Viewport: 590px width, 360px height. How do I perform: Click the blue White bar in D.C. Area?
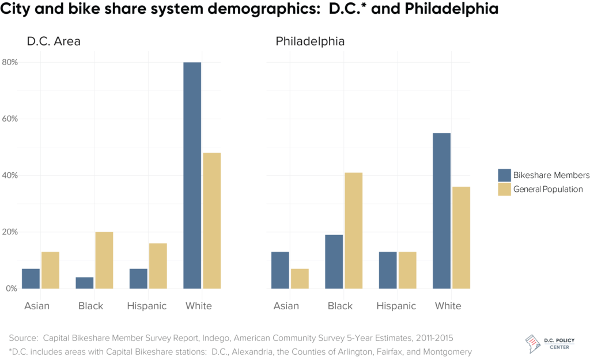(192, 175)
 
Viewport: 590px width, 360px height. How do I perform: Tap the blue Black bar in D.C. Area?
(84, 283)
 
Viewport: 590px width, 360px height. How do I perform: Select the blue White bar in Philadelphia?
(441, 211)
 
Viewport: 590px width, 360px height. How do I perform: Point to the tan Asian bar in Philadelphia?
(299, 278)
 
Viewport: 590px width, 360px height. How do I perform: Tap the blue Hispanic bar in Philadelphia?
(388, 270)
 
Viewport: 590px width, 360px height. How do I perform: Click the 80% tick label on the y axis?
(10, 62)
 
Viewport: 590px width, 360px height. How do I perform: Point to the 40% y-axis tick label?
(10, 175)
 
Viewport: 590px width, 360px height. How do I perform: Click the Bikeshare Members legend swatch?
(505, 175)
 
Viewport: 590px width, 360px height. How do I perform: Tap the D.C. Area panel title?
(54, 41)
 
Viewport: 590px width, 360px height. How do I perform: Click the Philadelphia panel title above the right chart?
(310, 41)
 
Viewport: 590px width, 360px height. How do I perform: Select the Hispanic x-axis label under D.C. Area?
(147, 306)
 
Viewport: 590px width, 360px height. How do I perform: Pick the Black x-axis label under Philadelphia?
(340, 306)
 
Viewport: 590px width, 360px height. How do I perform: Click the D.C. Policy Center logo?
(553, 343)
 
